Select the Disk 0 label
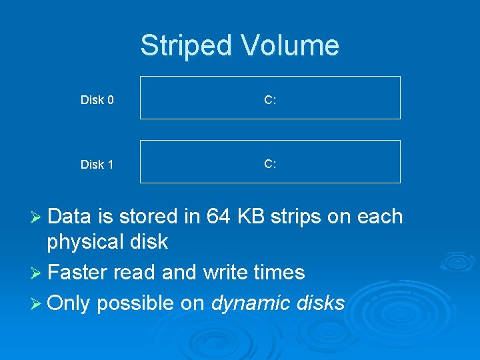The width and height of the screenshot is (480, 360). coord(97,100)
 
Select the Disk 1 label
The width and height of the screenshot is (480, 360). coord(97,165)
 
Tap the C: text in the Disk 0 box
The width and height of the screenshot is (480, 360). coord(270,100)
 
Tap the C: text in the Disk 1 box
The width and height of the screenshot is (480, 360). coord(270,163)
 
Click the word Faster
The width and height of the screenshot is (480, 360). coord(79,273)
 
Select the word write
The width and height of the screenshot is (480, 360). coord(223,273)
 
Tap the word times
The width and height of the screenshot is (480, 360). coord(279,273)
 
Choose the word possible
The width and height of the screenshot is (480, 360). coord(133,304)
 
